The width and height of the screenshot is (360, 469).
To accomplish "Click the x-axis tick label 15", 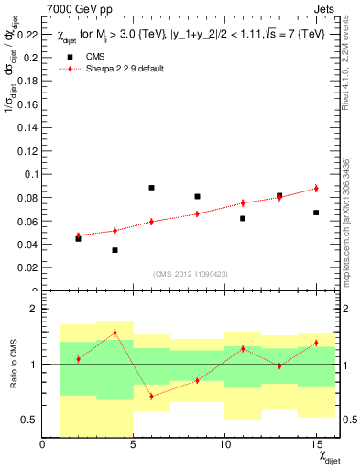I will pyautogui.click(x=315, y=445).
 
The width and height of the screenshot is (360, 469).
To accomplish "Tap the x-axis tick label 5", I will pyautogui.click(x=133, y=445).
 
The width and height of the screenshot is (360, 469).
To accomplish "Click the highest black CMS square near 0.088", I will pyautogui.click(x=151, y=188).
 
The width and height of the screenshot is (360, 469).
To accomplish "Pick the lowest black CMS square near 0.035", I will pyautogui.click(x=115, y=250).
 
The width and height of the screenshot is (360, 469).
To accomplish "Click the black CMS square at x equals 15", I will pyautogui.click(x=316, y=213).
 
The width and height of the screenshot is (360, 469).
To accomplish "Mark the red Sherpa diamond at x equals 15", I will pyautogui.click(x=316, y=188).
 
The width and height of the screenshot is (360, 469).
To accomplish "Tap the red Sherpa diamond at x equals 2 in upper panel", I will pyautogui.click(x=79, y=235).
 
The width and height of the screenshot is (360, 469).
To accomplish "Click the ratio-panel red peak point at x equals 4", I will pyautogui.click(x=115, y=333).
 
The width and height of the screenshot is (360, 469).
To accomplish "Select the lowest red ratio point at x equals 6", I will pyautogui.click(x=151, y=396).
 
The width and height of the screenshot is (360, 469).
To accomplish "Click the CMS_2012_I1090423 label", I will pyautogui.click(x=190, y=274).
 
